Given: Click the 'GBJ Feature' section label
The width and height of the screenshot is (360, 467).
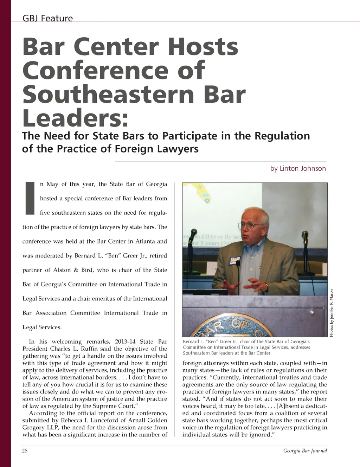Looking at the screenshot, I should pyautogui.click(x=47, y=18).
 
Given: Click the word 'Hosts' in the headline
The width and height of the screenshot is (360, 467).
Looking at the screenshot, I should pyautogui.click(x=203, y=47).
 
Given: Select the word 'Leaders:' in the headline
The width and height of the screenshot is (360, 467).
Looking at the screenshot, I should pyautogui.click(x=75, y=118).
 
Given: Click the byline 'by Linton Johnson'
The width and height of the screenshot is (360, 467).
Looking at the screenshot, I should pyautogui.click(x=298, y=169).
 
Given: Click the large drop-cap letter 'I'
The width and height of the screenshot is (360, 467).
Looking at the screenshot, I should pyautogui.click(x=30, y=198).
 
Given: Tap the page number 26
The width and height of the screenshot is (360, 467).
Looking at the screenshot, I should pyautogui.click(x=25, y=450).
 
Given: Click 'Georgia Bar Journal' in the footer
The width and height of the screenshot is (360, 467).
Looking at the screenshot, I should pyautogui.click(x=305, y=451).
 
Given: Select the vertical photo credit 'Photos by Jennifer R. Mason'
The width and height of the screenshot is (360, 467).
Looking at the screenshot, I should pyautogui.click(x=331, y=313).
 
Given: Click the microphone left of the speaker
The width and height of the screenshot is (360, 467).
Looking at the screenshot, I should pyautogui.click(x=193, y=234).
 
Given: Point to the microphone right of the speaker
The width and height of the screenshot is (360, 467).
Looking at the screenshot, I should pyautogui.click(x=305, y=235).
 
